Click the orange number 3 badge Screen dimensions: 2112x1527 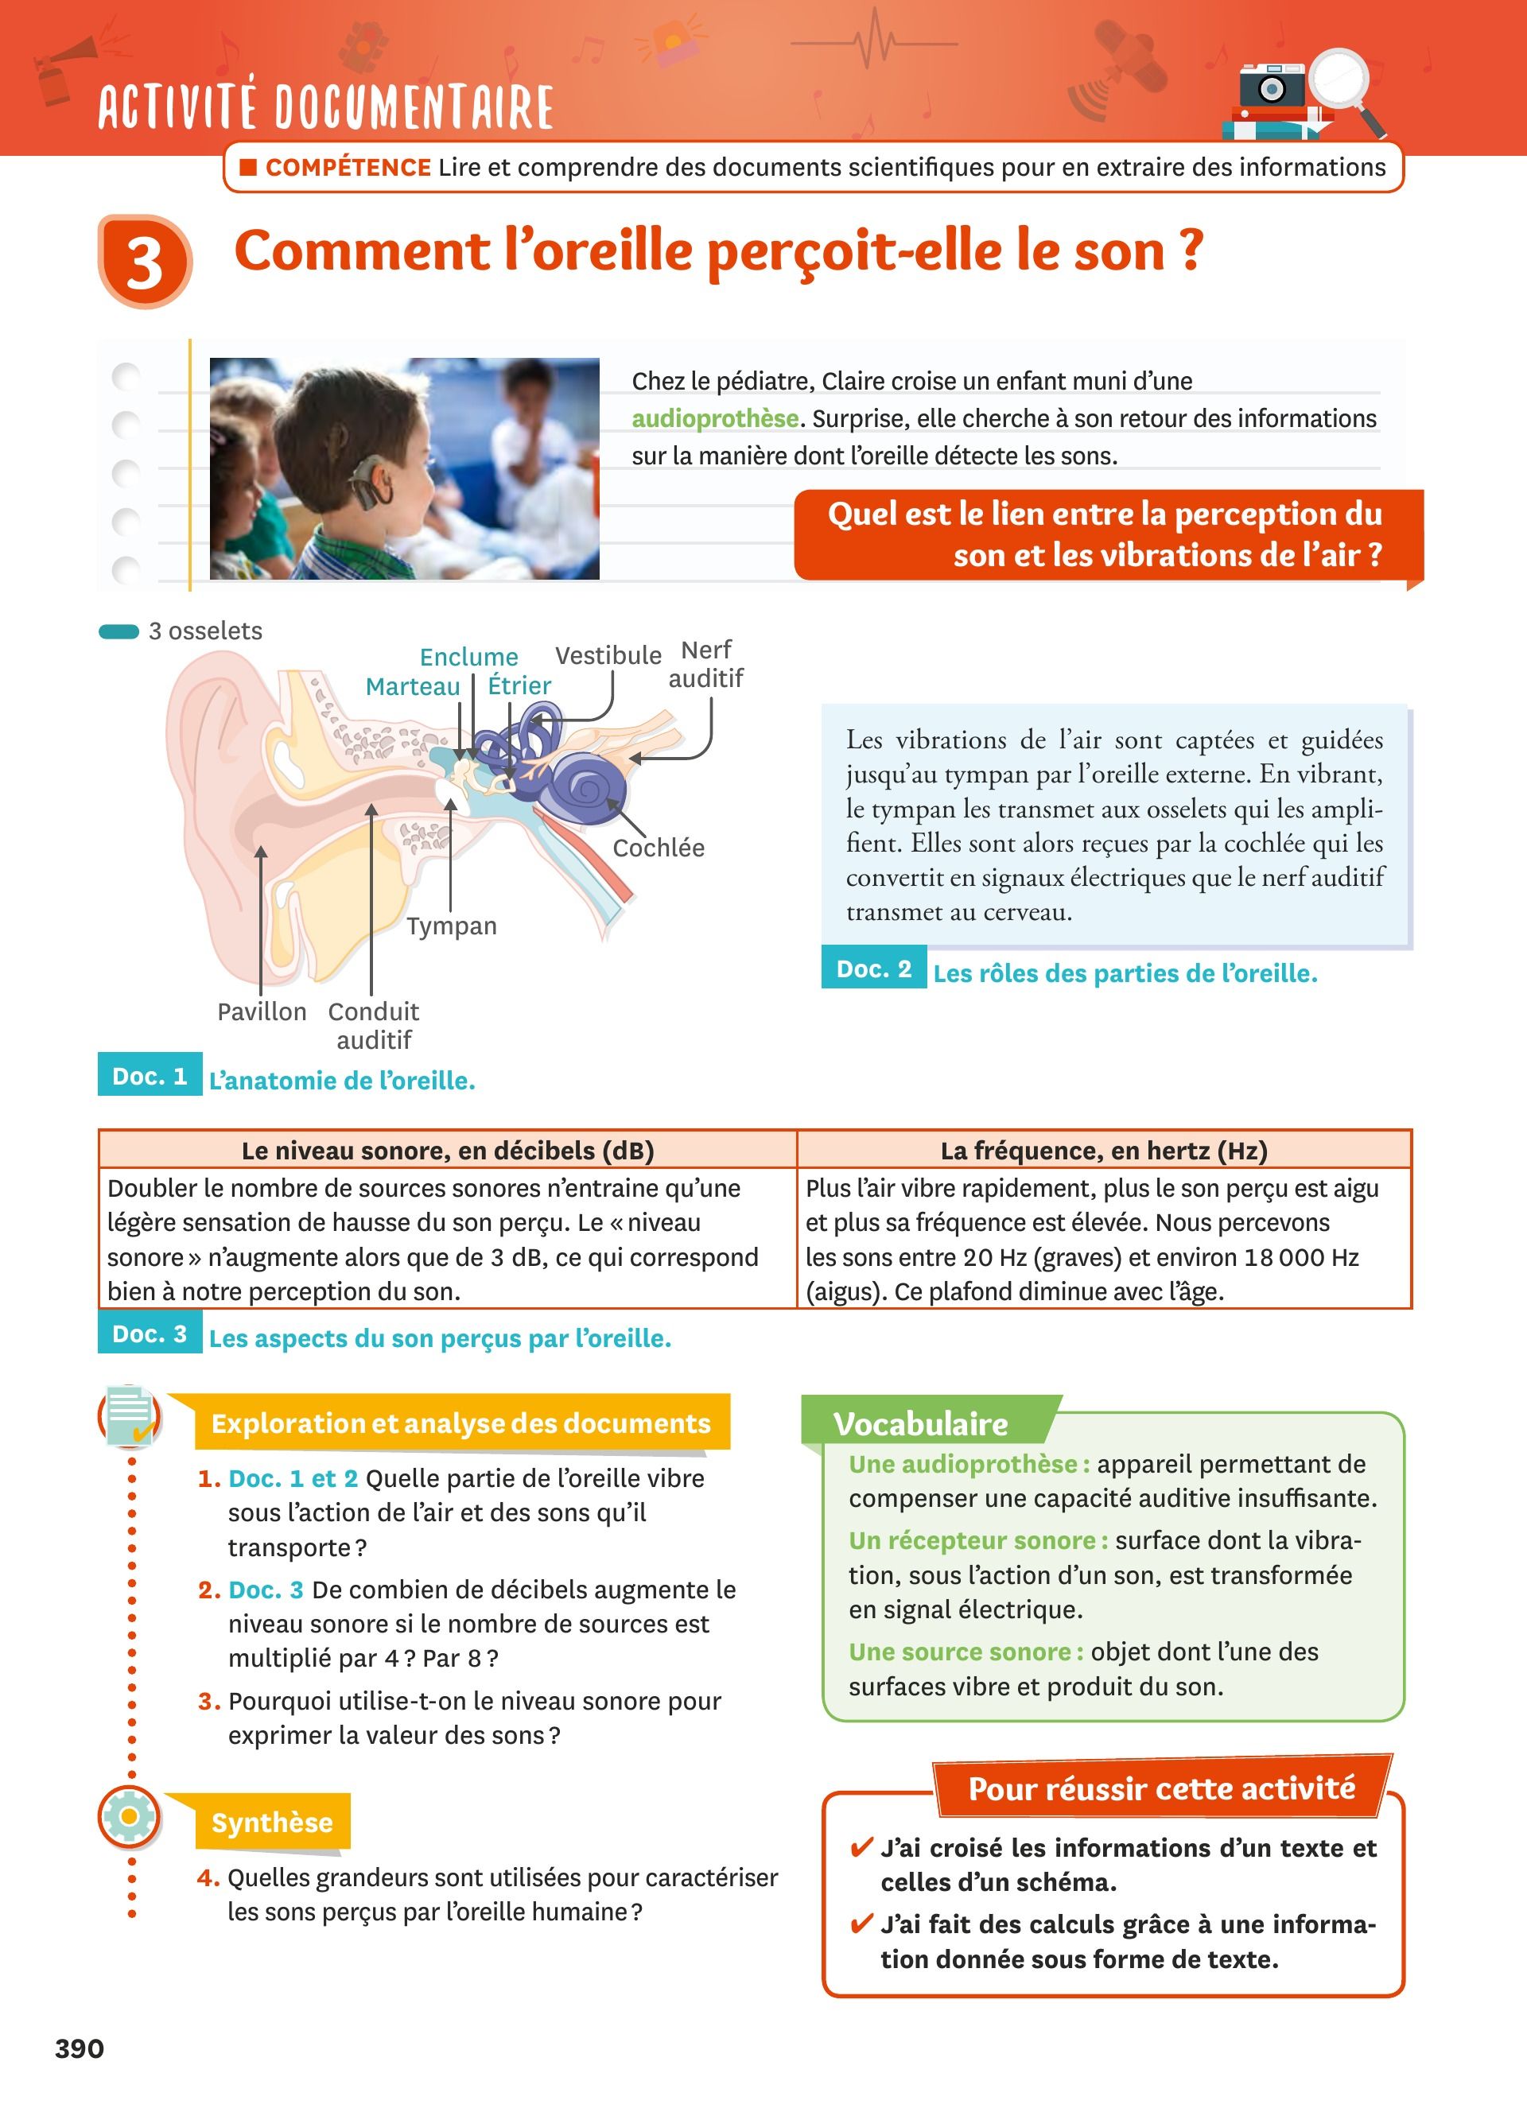(x=144, y=262)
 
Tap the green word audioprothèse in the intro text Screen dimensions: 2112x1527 (x=714, y=419)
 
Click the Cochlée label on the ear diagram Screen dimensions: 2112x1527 (x=659, y=848)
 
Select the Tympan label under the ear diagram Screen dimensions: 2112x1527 (x=452, y=926)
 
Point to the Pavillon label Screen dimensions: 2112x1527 (x=262, y=1011)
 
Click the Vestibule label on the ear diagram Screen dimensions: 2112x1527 (x=608, y=655)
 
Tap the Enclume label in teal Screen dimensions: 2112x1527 (x=468, y=658)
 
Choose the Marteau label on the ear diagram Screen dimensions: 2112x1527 (x=413, y=686)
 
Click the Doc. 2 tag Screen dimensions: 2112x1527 (x=873, y=969)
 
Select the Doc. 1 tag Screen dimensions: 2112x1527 (x=150, y=1076)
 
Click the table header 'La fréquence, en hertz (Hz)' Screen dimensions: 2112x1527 (x=1103, y=1150)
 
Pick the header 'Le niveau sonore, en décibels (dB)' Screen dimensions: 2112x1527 (x=447, y=1150)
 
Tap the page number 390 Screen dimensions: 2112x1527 (x=80, y=2048)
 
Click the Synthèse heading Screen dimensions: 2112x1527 (x=272, y=1823)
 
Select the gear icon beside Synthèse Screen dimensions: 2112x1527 (x=130, y=1816)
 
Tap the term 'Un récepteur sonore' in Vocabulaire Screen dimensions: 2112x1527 (x=977, y=1541)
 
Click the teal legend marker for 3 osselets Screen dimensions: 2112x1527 (x=119, y=632)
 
